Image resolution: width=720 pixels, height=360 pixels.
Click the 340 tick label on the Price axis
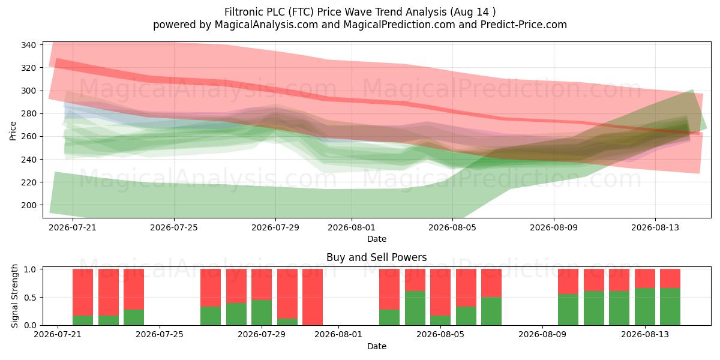point(28,45)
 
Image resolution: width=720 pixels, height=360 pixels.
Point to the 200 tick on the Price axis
point(28,205)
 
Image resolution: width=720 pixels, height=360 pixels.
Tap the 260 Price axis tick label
point(28,137)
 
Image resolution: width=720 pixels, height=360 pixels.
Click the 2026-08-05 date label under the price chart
point(452,227)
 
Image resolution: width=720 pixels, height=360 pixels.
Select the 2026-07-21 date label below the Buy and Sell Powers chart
point(58,334)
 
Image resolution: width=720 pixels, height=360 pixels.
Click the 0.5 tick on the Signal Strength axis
point(30,298)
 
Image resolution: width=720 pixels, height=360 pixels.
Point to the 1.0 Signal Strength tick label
point(30,269)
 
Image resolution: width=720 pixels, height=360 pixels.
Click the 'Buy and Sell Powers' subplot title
point(377,257)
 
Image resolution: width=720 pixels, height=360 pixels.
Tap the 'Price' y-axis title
point(13,131)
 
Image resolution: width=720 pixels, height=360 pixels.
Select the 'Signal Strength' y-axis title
point(14,296)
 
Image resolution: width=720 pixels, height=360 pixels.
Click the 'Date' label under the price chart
point(377,239)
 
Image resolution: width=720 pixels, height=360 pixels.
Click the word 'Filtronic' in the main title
point(244,12)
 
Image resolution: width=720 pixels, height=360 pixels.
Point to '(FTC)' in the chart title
point(301,12)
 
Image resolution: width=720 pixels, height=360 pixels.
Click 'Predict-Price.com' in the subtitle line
point(524,25)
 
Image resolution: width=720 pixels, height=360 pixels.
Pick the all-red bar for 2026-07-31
point(313,297)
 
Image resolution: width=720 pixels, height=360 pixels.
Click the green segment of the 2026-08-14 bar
point(670,307)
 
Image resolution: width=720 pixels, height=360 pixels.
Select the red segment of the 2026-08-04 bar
point(415,280)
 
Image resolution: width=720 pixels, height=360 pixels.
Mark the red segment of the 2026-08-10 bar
point(568,281)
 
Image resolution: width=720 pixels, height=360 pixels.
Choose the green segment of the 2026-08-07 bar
point(491,311)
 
